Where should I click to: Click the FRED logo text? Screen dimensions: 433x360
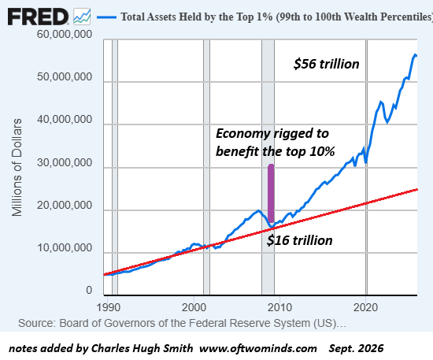coord(38,17)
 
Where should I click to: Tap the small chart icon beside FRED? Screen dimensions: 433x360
coord(82,17)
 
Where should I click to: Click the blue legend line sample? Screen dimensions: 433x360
coord(106,17)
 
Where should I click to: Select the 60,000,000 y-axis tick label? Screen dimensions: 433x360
coord(65,34)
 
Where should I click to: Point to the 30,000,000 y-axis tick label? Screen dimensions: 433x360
coord(65,162)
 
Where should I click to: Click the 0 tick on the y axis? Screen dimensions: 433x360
coord(89,291)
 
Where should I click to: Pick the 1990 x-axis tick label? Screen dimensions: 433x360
coord(109,307)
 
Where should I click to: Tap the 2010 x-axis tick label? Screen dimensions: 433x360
coord(279,307)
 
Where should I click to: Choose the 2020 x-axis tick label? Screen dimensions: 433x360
coord(365,307)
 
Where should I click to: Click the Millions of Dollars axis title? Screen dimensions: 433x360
coord(17,168)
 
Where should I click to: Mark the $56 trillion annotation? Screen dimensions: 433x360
coord(327,64)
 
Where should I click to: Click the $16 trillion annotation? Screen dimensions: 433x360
coord(300,240)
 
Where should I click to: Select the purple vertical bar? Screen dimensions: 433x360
coord(271,194)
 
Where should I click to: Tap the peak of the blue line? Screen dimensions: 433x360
coord(415,54)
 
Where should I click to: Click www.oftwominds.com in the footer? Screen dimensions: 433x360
coord(258,348)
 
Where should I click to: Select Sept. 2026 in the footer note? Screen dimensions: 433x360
coord(356,348)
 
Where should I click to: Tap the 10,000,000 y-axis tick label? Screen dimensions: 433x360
coord(65,248)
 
